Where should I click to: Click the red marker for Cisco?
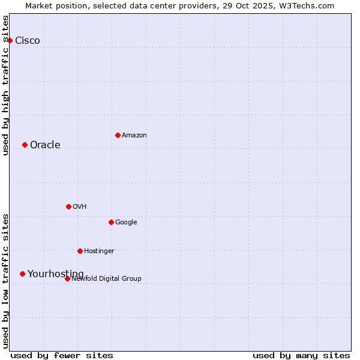click(10, 40)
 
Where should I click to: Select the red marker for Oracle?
click(25, 145)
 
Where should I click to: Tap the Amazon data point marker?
click(118, 135)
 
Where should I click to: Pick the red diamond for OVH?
click(68, 206)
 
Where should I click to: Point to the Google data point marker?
click(111, 222)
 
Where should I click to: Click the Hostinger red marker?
click(80, 251)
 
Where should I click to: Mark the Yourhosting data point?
click(22, 274)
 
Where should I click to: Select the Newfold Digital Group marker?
click(67, 278)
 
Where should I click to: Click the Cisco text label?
click(28, 40)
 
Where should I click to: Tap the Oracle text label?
click(45, 145)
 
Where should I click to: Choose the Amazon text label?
click(134, 135)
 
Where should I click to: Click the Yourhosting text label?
click(56, 274)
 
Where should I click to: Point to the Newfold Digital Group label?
click(107, 278)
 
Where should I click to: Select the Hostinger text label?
click(99, 251)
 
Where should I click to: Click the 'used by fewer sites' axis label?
click(62, 355)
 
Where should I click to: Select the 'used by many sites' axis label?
click(301, 355)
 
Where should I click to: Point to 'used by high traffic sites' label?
click(5, 85)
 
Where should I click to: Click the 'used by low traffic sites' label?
click(5, 281)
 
